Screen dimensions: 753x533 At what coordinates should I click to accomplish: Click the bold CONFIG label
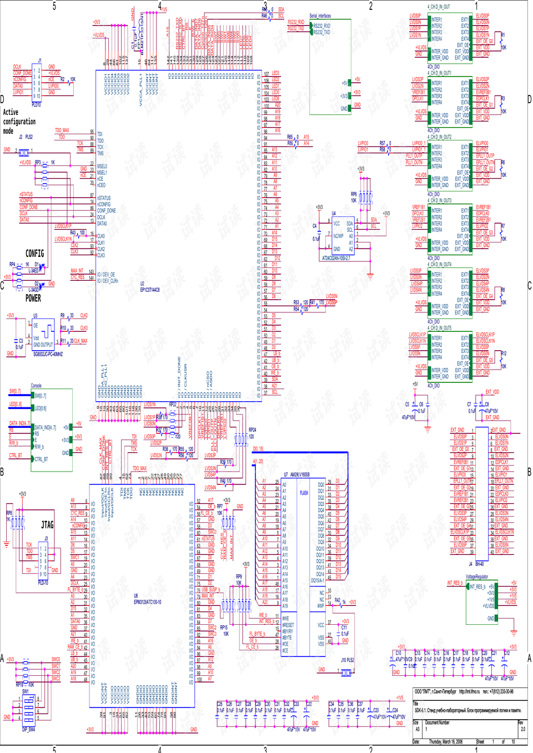[x=34, y=254]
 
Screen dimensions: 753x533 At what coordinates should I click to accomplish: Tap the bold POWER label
[x=33, y=298]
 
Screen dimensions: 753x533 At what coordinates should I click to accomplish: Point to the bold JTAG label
[x=47, y=524]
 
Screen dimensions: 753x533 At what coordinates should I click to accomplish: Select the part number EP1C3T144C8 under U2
[x=150, y=290]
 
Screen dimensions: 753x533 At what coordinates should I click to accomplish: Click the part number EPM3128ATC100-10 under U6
[x=147, y=602]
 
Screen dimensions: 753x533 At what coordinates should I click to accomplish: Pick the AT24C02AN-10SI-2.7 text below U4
[x=336, y=258]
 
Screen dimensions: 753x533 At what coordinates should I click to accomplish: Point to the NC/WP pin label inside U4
[x=338, y=236]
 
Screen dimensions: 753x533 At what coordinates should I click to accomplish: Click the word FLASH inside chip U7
[x=304, y=493]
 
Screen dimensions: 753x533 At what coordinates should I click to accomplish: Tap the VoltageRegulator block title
[x=477, y=577]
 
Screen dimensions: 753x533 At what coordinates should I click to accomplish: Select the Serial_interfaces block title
[x=320, y=16]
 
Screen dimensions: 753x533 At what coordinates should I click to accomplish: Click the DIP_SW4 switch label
[x=28, y=729]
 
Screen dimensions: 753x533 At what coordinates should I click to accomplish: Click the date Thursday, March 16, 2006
[x=445, y=741]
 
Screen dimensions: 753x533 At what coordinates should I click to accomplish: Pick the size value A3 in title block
[x=416, y=729]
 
